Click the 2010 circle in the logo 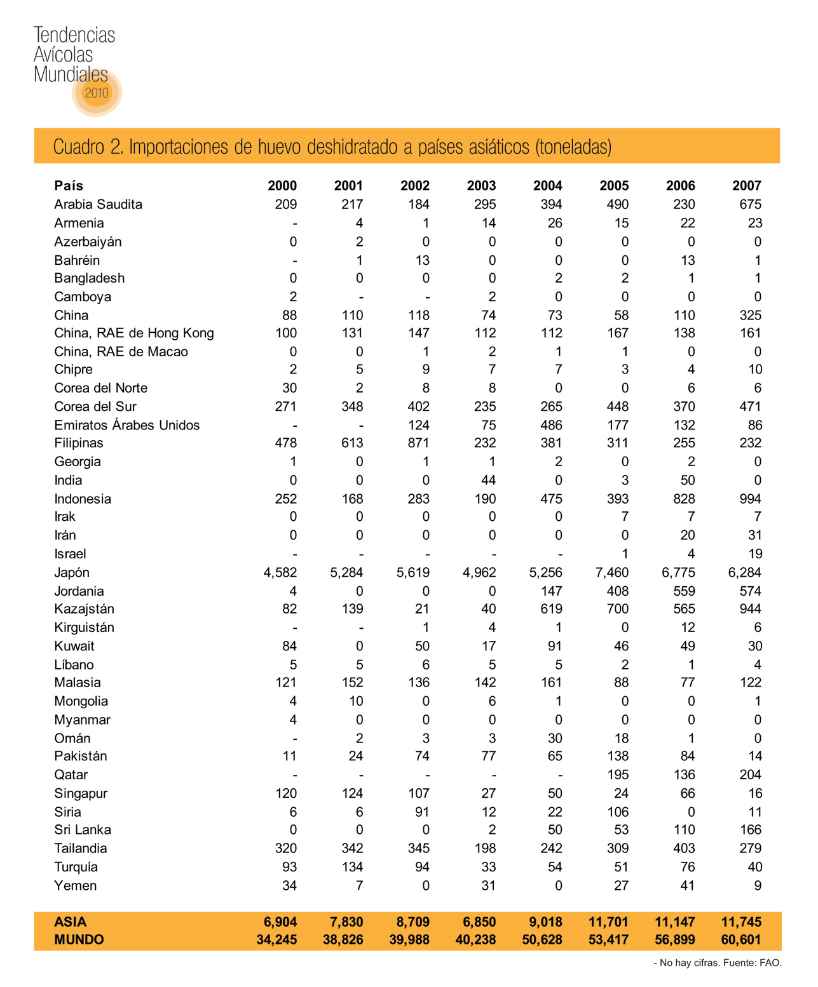click(x=97, y=93)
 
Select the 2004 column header click(x=547, y=185)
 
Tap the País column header click(x=69, y=185)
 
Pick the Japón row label click(x=72, y=572)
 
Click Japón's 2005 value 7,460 click(x=612, y=572)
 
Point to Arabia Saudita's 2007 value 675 click(x=750, y=205)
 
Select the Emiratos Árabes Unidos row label click(x=127, y=425)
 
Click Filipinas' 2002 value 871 click(x=418, y=443)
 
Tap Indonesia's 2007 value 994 click(x=750, y=499)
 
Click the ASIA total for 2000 click(x=280, y=922)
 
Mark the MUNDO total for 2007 click(x=740, y=939)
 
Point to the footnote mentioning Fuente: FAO click(x=718, y=963)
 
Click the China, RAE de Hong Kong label click(x=134, y=333)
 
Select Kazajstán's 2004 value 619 click(x=551, y=608)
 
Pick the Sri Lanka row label click(x=83, y=829)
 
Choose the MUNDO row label click(x=79, y=939)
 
